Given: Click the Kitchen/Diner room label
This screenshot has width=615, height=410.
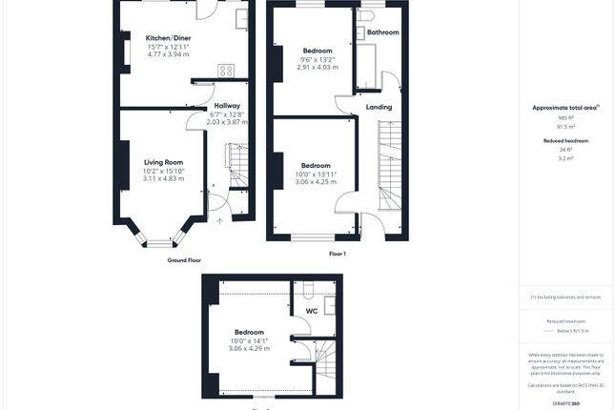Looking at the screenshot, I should pos(167,37).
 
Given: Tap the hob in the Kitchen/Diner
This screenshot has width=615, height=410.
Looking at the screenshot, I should pos(227,70).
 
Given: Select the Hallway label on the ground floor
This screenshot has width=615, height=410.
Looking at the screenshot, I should pos(227,106).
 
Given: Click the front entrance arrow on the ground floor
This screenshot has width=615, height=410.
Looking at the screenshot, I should pos(219,221).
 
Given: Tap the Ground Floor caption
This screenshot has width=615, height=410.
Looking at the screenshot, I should pos(184,259).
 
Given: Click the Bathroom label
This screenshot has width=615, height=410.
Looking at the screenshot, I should pos(383,32).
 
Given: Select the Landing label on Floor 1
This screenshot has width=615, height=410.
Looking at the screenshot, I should pos(379,107).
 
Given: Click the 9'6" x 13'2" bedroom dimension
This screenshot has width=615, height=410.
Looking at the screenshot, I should pos(318,59).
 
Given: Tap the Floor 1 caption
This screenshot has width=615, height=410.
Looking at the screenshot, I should pos(337,254).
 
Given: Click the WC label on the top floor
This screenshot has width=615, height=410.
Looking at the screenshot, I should pos(311,311).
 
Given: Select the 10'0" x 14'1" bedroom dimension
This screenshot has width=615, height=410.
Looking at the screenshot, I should pos(249,340).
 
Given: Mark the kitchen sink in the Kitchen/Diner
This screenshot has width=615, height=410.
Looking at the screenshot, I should pos(242,17).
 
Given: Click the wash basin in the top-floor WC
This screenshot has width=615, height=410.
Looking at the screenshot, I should pos(330,307).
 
